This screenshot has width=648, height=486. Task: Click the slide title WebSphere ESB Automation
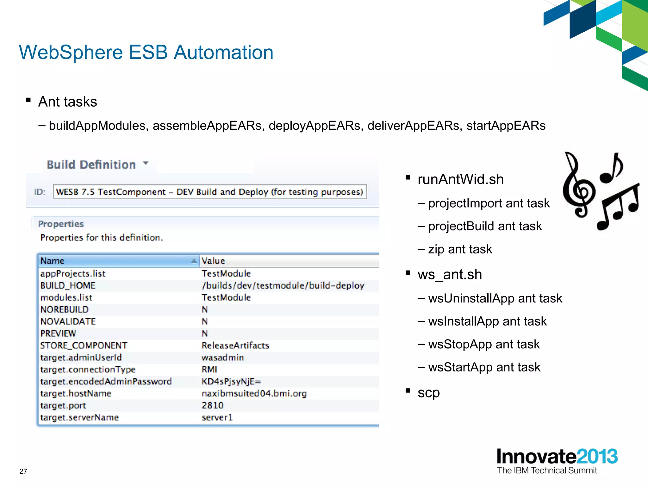coord(146,52)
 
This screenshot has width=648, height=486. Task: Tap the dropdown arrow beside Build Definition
coord(146,163)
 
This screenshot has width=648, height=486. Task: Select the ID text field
coord(209,192)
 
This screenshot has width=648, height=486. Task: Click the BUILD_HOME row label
coord(68,285)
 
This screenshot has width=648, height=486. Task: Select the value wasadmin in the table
coord(223,358)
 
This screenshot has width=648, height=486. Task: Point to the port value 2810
coord(213,405)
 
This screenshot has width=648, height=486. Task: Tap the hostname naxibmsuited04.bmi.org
coord(254,393)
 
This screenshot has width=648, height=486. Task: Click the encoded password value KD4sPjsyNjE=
coord(231,381)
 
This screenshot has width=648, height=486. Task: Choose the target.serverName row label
coord(79,417)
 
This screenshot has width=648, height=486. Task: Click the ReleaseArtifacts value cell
coord(235,345)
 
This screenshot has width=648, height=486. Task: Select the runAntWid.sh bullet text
coord(460,179)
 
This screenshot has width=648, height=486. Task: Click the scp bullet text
coord(428,393)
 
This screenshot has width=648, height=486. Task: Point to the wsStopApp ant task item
coord(483,344)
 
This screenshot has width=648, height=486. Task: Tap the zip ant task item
coord(460,249)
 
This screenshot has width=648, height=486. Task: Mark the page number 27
coord(23,471)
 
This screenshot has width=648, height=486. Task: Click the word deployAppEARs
coord(314,126)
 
